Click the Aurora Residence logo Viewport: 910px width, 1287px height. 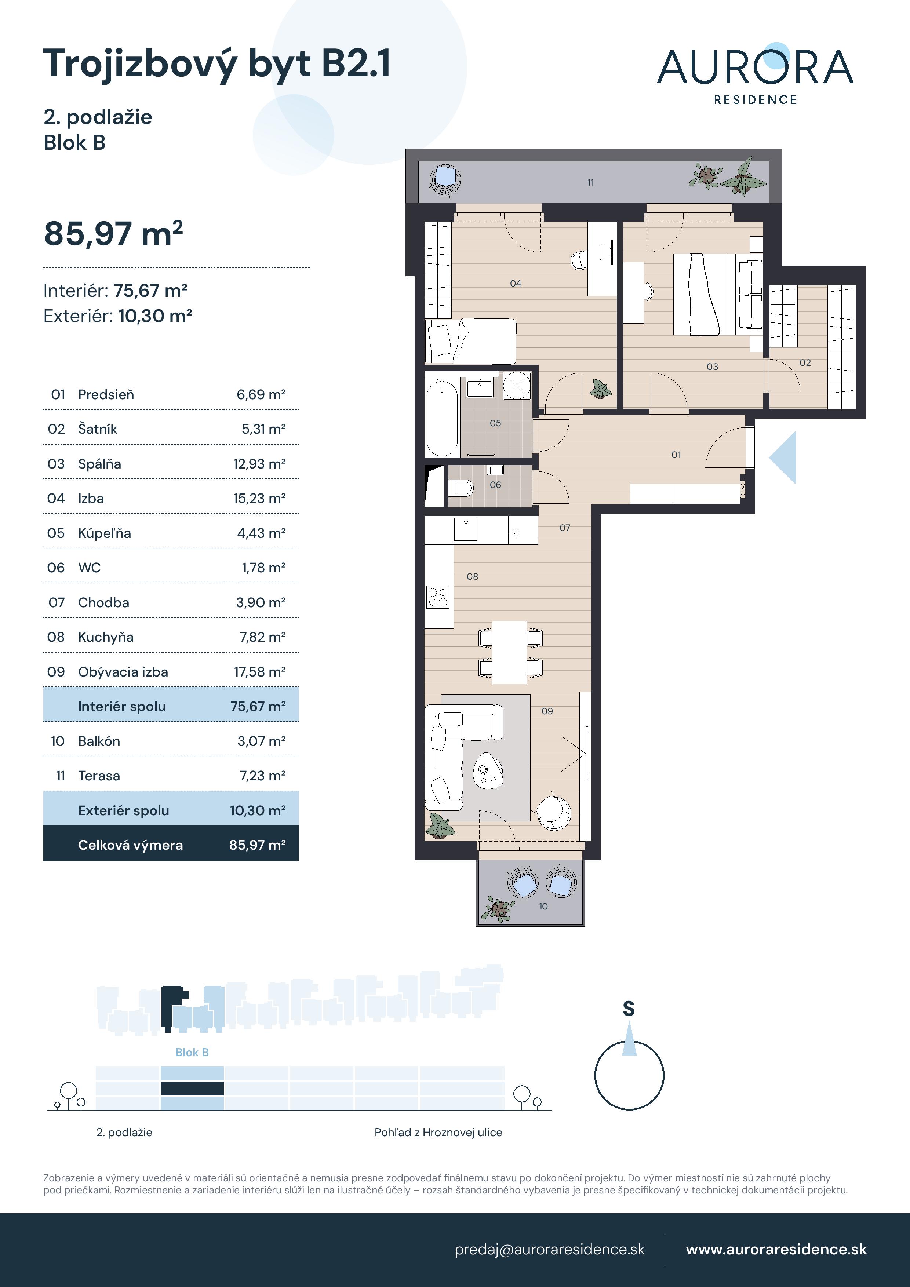[x=755, y=74]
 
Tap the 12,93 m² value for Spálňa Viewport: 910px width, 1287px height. [x=259, y=464]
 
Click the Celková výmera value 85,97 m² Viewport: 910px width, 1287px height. [x=257, y=845]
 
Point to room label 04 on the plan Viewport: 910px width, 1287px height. [x=515, y=284]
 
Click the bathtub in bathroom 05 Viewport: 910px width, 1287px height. [x=442, y=417]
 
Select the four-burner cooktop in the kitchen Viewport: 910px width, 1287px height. [x=438, y=597]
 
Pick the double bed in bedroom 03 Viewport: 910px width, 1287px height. [x=718, y=294]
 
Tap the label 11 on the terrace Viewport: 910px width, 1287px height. [x=590, y=183]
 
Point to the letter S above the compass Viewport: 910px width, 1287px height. [x=629, y=1009]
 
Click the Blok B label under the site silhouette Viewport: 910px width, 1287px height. [x=192, y=1052]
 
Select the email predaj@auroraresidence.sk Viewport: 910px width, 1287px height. [x=549, y=1250]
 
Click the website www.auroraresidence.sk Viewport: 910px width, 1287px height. [x=776, y=1250]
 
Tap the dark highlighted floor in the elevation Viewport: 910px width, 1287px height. [x=192, y=1089]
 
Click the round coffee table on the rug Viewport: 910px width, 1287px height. [x=488, y=771]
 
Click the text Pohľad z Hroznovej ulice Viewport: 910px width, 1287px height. [x=438, y=1132]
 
